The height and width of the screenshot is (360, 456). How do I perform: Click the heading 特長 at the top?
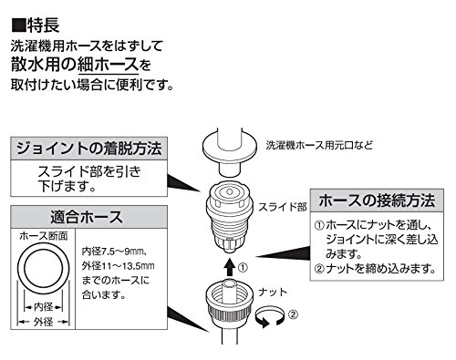click(43, 26)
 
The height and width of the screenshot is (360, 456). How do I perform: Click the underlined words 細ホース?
click(108, 65)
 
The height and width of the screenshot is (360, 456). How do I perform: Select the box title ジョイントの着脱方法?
click(88, 149)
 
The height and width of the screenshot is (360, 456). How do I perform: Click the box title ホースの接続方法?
click(377, 201)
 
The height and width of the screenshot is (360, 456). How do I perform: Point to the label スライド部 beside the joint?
click(283, 207)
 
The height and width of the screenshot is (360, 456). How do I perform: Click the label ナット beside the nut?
click(273, 293)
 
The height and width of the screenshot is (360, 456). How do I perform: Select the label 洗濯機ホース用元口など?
click(319, 145)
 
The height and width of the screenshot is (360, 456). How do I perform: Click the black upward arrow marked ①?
click(230, 267)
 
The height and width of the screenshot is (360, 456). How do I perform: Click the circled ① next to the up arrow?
click(243, 268)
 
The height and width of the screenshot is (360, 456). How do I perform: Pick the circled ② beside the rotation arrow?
click(293, 314)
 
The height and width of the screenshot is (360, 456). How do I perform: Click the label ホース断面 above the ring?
click(44, 236)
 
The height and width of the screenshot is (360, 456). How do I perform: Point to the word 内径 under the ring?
click(44, 307)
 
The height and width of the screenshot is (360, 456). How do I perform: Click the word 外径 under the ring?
click(44, 322)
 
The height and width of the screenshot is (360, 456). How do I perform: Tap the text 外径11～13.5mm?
click(118, 266)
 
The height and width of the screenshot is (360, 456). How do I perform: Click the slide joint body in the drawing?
click(230, 217)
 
